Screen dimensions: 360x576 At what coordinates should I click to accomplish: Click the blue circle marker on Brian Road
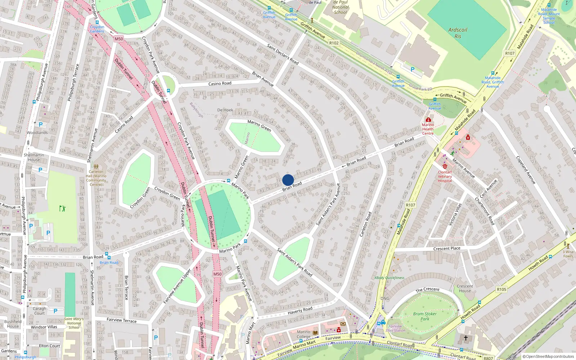(288, 180)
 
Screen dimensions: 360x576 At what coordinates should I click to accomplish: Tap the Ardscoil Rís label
(458, 33)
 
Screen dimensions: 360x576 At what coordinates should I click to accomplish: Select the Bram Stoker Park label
(425, 316)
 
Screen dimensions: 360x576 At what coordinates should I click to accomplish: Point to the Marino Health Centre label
(428, 129)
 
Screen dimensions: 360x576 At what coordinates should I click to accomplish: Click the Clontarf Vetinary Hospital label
(445, 176)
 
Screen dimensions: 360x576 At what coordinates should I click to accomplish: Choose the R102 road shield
(334, 43)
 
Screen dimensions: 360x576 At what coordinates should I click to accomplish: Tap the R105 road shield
(501, 289)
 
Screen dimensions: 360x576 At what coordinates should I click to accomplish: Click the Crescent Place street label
(447, 248)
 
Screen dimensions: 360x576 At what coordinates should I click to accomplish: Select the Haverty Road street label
(300, 310)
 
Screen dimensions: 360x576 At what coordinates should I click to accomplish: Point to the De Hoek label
(225, 110)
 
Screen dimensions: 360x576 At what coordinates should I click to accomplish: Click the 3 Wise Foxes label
(568, 254)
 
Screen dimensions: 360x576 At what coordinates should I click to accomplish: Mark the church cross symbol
(465, 338)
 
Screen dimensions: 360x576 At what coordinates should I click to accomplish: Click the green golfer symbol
(62, 208)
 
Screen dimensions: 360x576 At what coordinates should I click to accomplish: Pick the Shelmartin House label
(34, 157)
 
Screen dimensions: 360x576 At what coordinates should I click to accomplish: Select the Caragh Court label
(40, 311)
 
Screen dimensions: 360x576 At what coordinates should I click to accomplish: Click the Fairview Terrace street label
(122, 320)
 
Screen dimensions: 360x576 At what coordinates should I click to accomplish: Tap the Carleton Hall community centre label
(96, 178)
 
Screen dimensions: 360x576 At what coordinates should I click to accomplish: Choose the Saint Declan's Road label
(283, 54)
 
